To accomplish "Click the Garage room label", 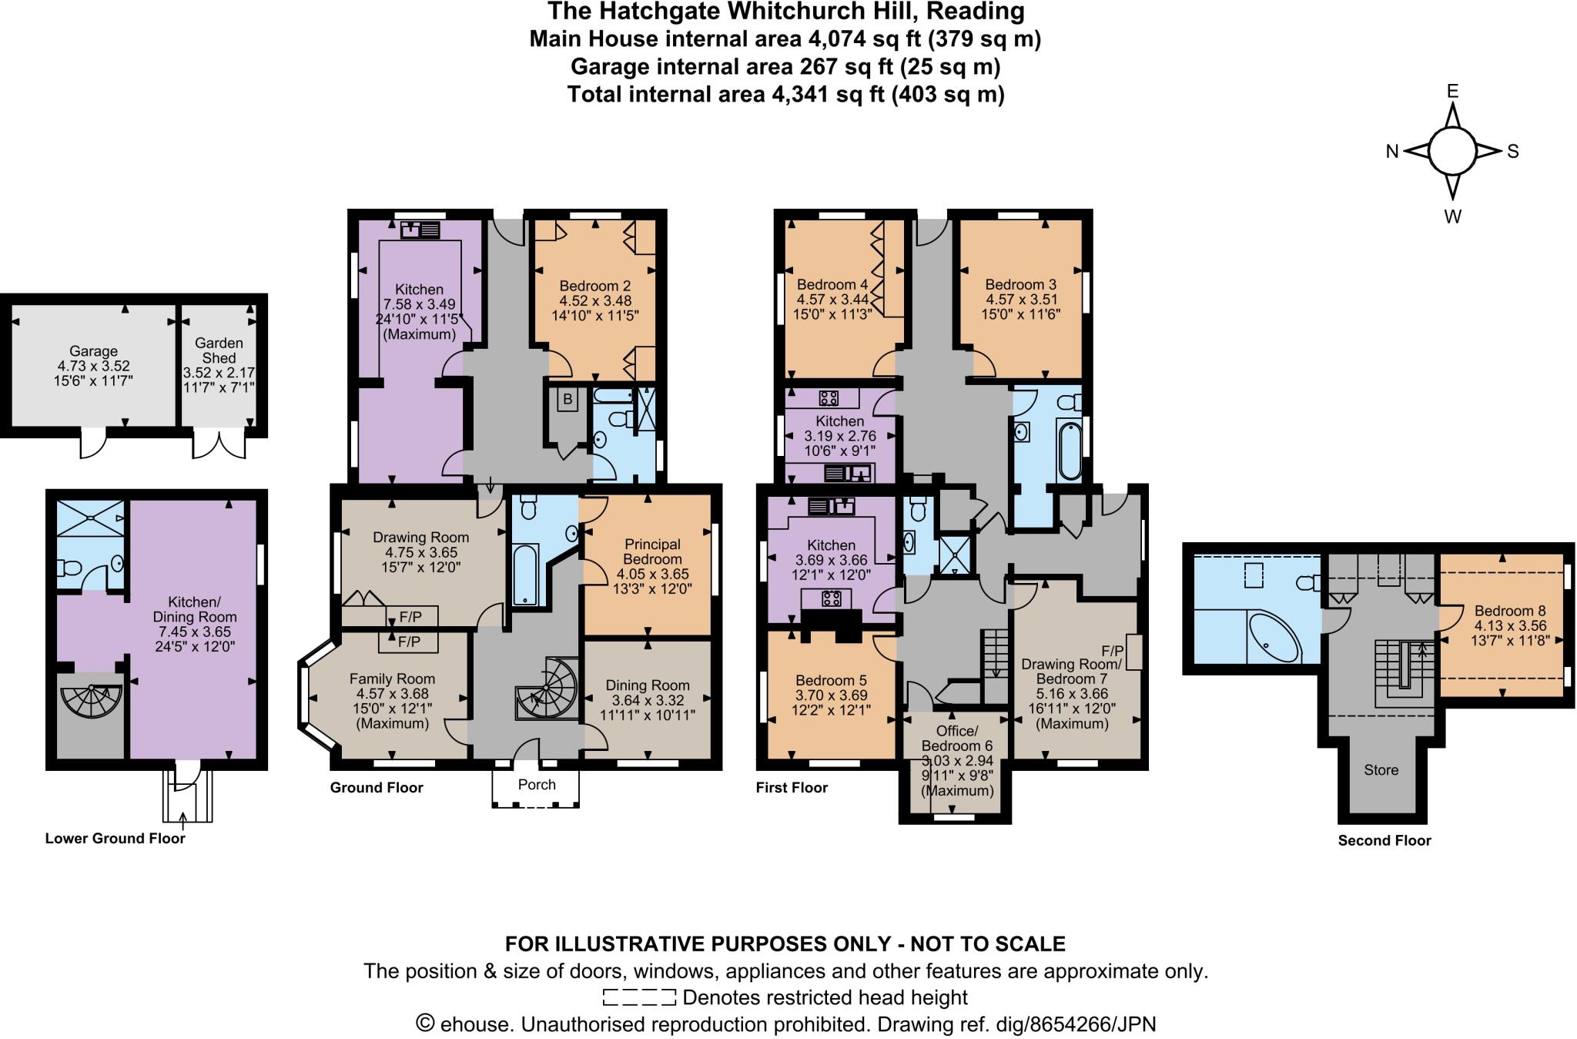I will [93, 351].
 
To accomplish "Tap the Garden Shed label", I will [219, 350].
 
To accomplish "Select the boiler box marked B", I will [568, 400].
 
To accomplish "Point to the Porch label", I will [537, 784].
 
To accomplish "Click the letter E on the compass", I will [1452, 92].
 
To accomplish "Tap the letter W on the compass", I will [1452, 217].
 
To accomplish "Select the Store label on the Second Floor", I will [1381, 769].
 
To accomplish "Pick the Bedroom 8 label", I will [1505, 611].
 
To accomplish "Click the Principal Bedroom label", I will [652, 551].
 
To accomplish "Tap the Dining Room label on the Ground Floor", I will [648, 685].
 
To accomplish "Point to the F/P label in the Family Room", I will [409, 642].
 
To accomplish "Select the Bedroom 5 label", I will [831, 680].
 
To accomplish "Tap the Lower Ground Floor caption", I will [115, 839].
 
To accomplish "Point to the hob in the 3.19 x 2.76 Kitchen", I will [829, 398].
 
